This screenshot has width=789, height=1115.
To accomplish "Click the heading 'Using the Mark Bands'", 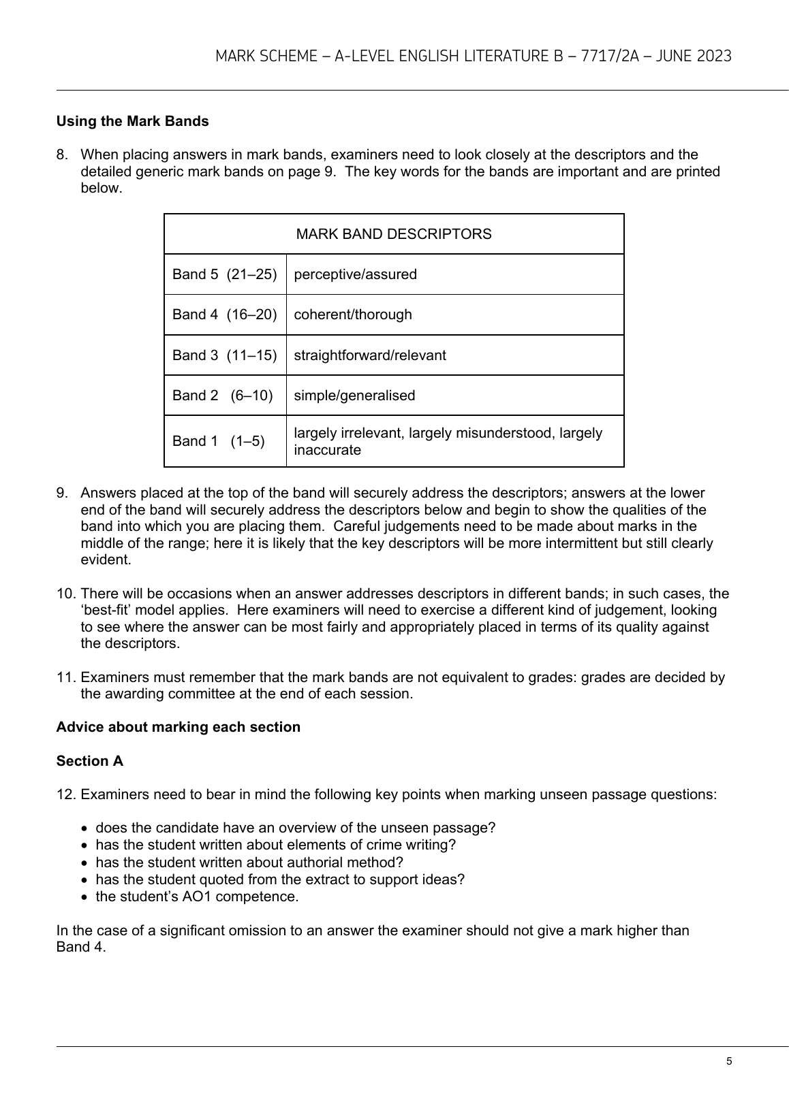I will [132, 121].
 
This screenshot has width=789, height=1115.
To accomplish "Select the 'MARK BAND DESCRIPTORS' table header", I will [394, 234].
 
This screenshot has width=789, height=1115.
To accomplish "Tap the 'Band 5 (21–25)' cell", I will [224, 274].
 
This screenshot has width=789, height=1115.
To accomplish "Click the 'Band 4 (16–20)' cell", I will [224, 314].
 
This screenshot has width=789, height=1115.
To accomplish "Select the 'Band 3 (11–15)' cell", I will [224, 355].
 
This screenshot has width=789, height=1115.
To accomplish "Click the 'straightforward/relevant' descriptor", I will [369, 355].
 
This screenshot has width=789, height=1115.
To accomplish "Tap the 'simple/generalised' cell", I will [354, 395].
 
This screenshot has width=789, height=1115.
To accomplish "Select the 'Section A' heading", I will [90, 761].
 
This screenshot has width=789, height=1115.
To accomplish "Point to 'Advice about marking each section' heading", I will [178, 727].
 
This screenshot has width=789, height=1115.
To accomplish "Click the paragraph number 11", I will [65, 677].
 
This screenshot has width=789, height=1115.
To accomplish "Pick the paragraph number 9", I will [62, 493].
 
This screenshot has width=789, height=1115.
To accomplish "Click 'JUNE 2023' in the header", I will [694, 56].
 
